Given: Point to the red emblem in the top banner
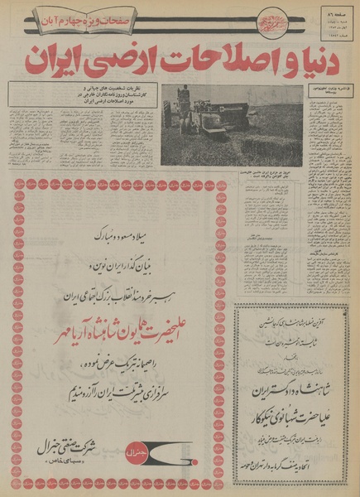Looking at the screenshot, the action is (271, 18).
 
